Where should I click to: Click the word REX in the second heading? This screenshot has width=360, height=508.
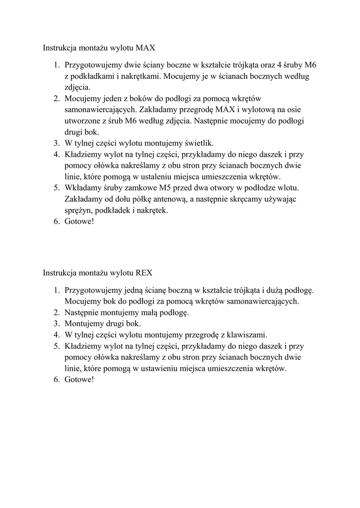tap(144, 272)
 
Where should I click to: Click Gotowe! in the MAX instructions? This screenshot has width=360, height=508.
tap(79, 222)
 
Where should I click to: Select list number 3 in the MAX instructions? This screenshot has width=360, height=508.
tap(57, 143)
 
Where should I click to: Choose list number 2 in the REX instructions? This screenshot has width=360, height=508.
tap(57, 312)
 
